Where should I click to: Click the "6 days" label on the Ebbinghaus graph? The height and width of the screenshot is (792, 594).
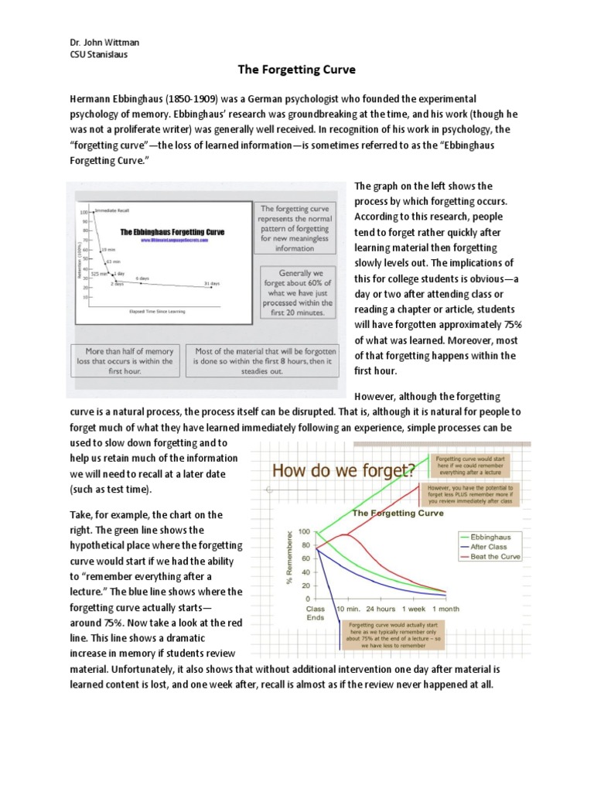click(x=142, y=278)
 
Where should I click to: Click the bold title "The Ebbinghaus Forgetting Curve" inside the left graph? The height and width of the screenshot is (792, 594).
click(x=172, y=231)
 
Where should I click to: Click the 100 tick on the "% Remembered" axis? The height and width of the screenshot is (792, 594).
click(x=302, y=531)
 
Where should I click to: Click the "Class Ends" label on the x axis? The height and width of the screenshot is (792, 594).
click(x=316, y=613)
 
